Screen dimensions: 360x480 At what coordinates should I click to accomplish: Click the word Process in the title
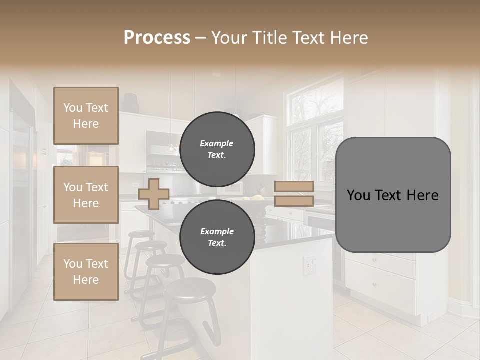[x=157, y=37]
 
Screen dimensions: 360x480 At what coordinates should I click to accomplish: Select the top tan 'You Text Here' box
[x=86, y=116]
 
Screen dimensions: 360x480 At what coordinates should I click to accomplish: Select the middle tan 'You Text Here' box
[x=86, y=195]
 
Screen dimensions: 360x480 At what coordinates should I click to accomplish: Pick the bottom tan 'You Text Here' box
[x=86, y=271]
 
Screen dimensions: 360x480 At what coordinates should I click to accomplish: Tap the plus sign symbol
[x=154, y=194]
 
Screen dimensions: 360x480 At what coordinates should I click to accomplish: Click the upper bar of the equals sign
[x=294, y=186]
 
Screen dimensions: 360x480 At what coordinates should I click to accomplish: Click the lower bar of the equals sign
[x=294, y=201]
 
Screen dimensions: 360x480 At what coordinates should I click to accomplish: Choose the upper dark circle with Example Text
[x=217, y=149]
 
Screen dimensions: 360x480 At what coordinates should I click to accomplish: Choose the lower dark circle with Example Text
[x=217, y=237]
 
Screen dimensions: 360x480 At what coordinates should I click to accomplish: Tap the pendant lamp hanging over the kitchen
[x=171, y=147]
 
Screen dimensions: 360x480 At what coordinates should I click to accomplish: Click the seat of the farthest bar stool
[x=141, y=233]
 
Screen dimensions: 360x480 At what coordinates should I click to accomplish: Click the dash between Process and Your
[x=201, y=38]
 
